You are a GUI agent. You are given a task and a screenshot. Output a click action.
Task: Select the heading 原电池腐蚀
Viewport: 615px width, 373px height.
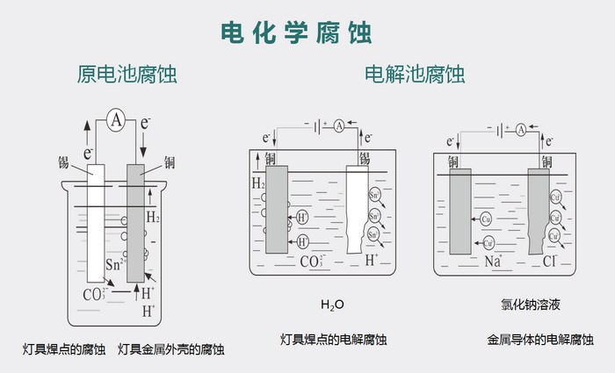pos(127,75)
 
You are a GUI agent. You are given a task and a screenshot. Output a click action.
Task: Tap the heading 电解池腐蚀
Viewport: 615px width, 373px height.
pos(415,75)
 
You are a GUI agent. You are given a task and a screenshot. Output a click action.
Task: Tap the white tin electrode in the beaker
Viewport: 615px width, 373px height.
pos(95,224)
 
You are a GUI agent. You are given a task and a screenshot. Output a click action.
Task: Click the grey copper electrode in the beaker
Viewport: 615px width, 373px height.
pos(135,224)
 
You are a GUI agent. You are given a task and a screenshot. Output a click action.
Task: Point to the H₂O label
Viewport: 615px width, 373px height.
pos(332,305)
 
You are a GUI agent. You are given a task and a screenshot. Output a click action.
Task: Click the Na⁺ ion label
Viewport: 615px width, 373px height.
pos(493,261)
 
